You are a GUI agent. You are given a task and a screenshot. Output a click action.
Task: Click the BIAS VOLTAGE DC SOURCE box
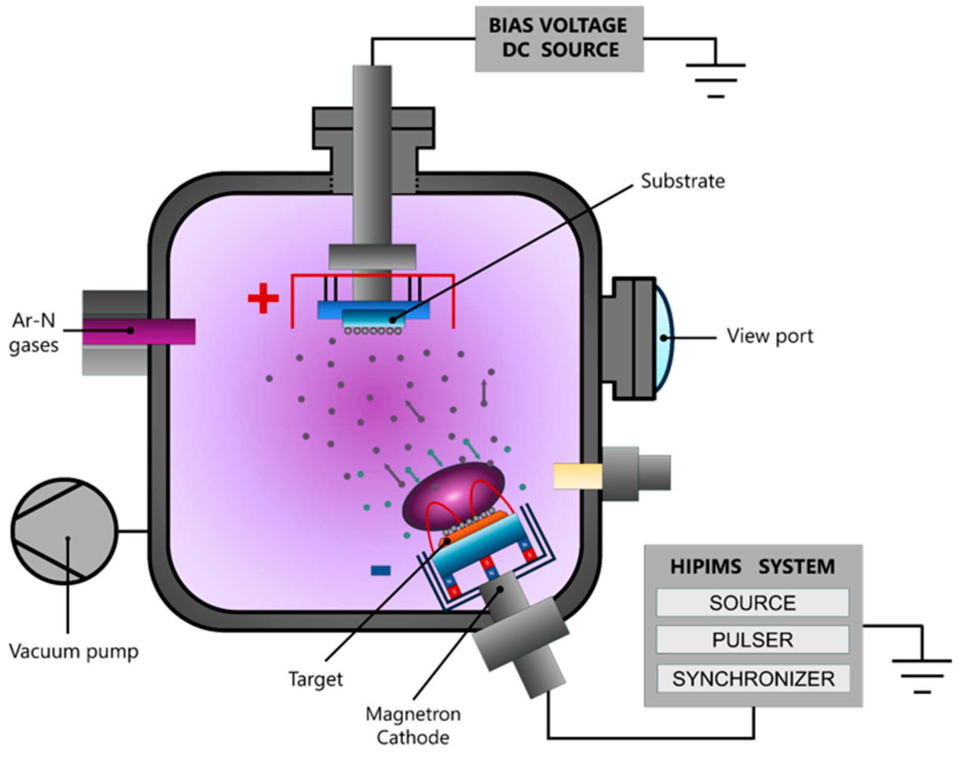[559, 38]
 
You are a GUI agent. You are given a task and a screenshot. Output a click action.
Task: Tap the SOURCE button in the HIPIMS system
[752, 603]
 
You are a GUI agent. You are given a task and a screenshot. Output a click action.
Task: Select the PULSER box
[752, 640]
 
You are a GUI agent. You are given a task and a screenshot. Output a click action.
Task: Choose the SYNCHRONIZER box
[753, 678]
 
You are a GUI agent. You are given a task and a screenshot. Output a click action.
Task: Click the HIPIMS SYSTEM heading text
[752, 567]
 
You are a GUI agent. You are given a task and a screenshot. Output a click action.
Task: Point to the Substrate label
[682, 181]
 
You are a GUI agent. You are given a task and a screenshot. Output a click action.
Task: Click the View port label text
[770, 336]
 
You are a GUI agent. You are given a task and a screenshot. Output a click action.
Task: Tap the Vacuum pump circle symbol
[65, 532]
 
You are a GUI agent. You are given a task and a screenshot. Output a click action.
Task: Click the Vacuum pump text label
[74, 651]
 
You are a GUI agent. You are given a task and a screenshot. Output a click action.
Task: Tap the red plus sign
[263, 298]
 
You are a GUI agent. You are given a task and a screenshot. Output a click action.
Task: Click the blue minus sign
[381, 570]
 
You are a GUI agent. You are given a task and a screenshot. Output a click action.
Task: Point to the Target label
[315, 679]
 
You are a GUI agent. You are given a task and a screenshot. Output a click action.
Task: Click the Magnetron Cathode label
[413, 725]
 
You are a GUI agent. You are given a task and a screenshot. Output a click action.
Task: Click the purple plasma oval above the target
[452, 494]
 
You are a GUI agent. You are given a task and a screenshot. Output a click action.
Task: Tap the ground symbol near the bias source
[716, 80]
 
